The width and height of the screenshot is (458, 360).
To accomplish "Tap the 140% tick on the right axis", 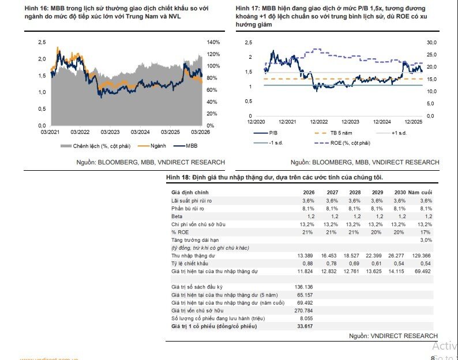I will [214, 42].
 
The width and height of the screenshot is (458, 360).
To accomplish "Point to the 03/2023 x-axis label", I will [110, 132].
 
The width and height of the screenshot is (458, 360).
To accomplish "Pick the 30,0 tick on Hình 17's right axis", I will [432, 42].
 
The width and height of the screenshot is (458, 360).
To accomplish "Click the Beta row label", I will [177, 215].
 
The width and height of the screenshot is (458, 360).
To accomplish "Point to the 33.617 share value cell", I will [303, 327].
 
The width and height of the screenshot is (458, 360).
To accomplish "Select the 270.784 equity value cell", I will [303, 310].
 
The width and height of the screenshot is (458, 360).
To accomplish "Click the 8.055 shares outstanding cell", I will [305, 318].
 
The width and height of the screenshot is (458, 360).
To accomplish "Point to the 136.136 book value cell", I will [303, 287].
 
